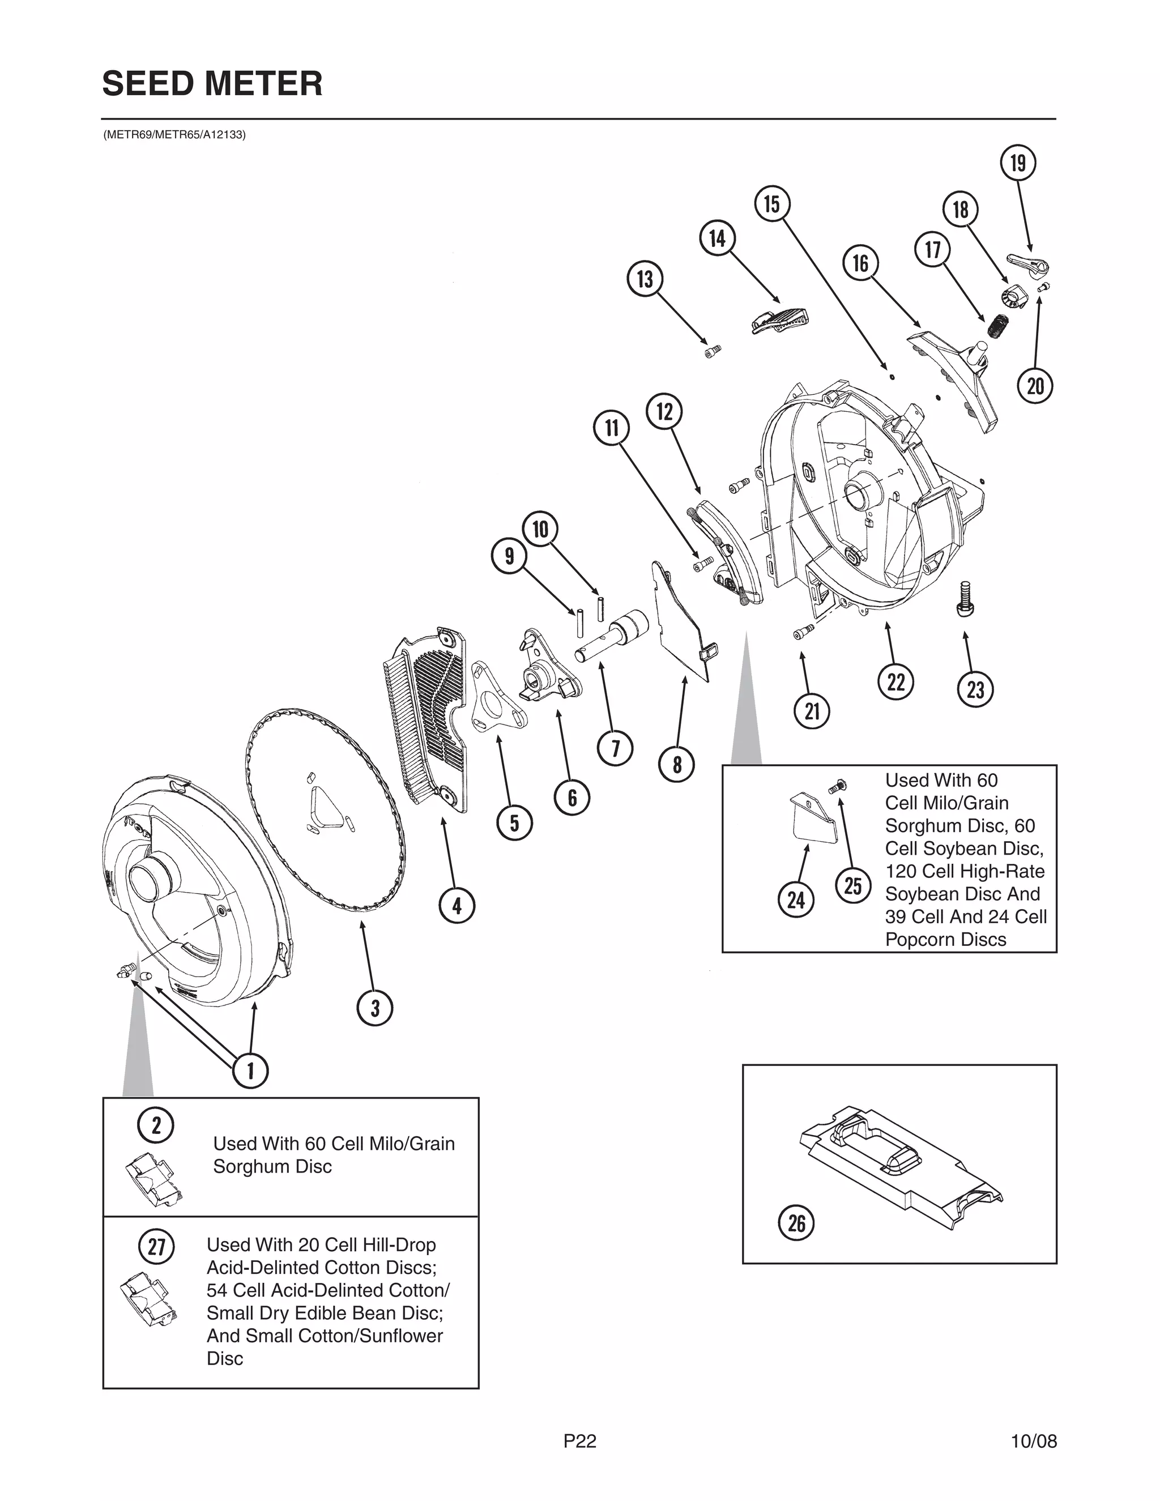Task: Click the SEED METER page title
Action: pyautogui.click(x=212, y=84)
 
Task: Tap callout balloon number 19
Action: pyautogui.click(x=1018, y=164)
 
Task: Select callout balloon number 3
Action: pyautogui.click(x=374, y=1008)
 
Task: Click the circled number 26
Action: pyautogui.click(x=796, y=1223)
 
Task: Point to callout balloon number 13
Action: pyautogui.click(x=645, y=279)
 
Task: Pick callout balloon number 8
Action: pyautogui.click(x=677, y=764)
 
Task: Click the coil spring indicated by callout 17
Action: pyautogui.click(x=998, y=325)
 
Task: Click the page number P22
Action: pyautogui.click(x=580, y=1440)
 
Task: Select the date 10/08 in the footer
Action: pyautogui.click(x=1034, y=1440)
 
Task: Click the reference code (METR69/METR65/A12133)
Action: pyautogui.click(x=174, y=135)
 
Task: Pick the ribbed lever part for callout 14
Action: pyautogui.click(x=781, y=319)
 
